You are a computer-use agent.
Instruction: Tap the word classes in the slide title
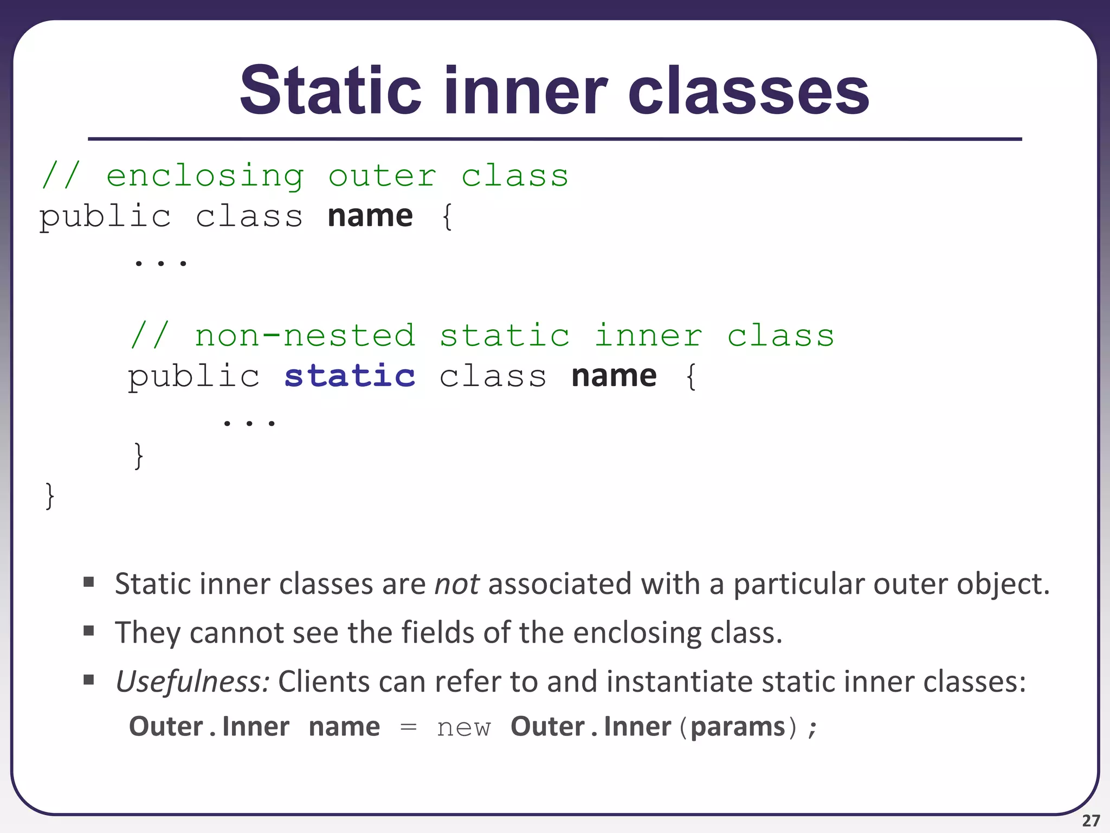[x=748, y=90]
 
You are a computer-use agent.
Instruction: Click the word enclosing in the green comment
[x=205, y=176]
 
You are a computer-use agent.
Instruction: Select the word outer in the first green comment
[x=383, y=176]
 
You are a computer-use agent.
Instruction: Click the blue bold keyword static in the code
[x=350, y=376]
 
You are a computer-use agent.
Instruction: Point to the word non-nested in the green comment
[x=305, y=336]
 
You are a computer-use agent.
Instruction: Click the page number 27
[x=1091, y=821]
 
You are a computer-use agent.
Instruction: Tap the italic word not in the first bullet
[x=456, y=584]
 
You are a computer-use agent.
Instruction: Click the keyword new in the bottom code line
[x=464, y=727]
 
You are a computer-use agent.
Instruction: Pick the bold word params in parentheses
[x=738, y=727]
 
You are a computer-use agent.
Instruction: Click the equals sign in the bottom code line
[x=408, y=727]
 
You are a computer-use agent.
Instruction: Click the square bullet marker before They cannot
[x=89, y=631]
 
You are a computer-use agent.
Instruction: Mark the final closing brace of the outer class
[x=50, y=496]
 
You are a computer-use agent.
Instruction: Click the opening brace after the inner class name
[x=691, y=376]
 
